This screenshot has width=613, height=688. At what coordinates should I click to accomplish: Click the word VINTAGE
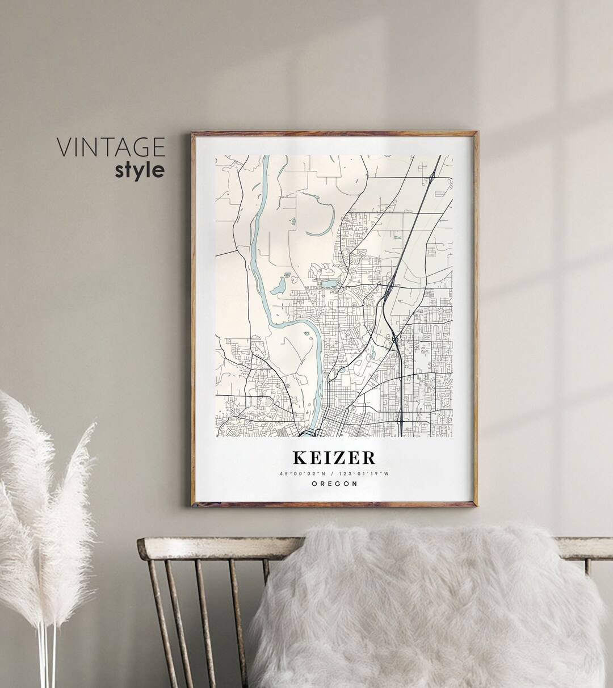click(111, 147)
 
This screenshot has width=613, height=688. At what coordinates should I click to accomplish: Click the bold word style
click(140, 170)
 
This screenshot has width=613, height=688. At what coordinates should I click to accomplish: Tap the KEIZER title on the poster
click(334, 458)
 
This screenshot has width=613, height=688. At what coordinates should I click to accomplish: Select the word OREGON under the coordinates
click(334, 484)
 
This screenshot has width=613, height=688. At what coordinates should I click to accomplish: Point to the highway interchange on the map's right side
click(394, 339)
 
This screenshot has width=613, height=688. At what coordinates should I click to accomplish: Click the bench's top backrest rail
click(216, 546)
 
